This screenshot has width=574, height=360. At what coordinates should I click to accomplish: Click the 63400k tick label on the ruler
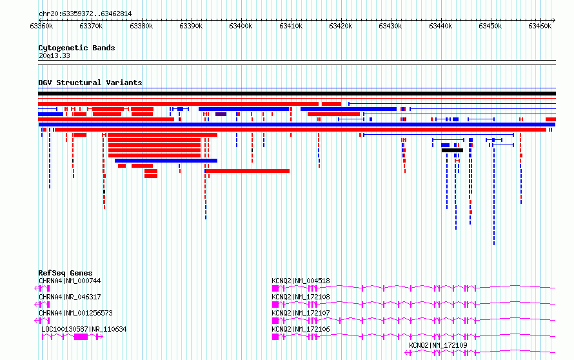[241, 26]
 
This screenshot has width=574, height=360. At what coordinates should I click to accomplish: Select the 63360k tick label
[41, 26]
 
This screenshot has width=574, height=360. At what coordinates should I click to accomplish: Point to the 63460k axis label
[540, 26]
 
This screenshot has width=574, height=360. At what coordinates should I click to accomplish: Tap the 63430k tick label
[390, 26]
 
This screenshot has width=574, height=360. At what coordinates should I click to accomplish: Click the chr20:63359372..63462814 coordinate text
[85, 14]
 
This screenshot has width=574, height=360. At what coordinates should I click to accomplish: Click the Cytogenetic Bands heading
[77, 48]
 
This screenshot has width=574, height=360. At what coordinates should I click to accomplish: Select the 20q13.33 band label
[54, 55]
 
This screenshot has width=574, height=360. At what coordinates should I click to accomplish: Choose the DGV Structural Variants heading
[90, 83]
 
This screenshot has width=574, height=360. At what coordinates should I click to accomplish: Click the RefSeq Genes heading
[65, 273]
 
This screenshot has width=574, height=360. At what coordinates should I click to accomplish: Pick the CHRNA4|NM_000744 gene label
[70, 281]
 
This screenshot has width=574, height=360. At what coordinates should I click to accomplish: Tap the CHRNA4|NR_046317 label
[70, 297]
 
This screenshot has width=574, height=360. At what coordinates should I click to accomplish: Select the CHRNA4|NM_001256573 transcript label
[75, 313]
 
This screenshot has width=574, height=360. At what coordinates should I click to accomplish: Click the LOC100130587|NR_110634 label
[84, 329]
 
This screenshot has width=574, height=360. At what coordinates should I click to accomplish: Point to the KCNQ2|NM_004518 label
[301, 281]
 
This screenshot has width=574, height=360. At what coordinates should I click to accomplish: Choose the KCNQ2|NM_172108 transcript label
[301, 297]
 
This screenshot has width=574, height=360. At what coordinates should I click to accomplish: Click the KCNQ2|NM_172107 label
[301, 313]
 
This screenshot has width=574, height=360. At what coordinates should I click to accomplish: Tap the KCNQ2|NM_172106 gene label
[301, 329]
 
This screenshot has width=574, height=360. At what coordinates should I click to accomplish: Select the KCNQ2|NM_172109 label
[438, 345]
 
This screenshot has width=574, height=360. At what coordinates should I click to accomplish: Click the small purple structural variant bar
[221, 114]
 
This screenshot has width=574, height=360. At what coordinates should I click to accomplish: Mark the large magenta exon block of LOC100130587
[81, 337]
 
